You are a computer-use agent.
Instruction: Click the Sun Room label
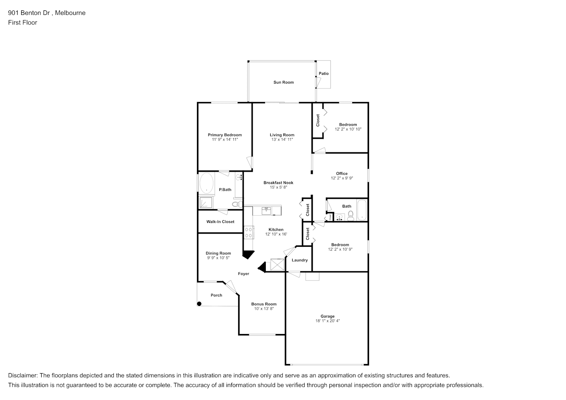point(283,82)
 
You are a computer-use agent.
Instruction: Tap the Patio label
point(324,74)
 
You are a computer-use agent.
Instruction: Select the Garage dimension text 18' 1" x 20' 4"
point(327,321)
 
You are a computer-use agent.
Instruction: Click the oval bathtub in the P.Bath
point(207,183)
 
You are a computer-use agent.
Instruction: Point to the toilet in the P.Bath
point(237,204)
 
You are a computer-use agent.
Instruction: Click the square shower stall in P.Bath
point(206,202)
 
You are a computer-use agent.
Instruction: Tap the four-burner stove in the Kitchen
point(249,232)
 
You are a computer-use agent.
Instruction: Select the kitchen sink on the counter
point(266,211)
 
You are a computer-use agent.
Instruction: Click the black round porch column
point(199,304)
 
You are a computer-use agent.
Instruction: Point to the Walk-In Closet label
point(220,222)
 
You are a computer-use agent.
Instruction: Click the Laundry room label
point(300,260)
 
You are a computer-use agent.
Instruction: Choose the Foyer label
point(244,274)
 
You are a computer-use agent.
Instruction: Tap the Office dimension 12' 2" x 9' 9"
point(342,178)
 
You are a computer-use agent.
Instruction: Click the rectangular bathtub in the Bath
point(362,210)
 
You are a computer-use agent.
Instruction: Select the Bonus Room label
point(264,304)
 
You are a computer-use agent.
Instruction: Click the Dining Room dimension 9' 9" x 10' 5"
point(218,258)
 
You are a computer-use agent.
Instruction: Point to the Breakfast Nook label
point(279,182)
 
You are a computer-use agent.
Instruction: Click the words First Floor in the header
point(22,22)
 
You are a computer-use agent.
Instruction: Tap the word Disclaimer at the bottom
point(22,376)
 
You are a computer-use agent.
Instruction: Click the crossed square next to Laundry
point(277,264)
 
